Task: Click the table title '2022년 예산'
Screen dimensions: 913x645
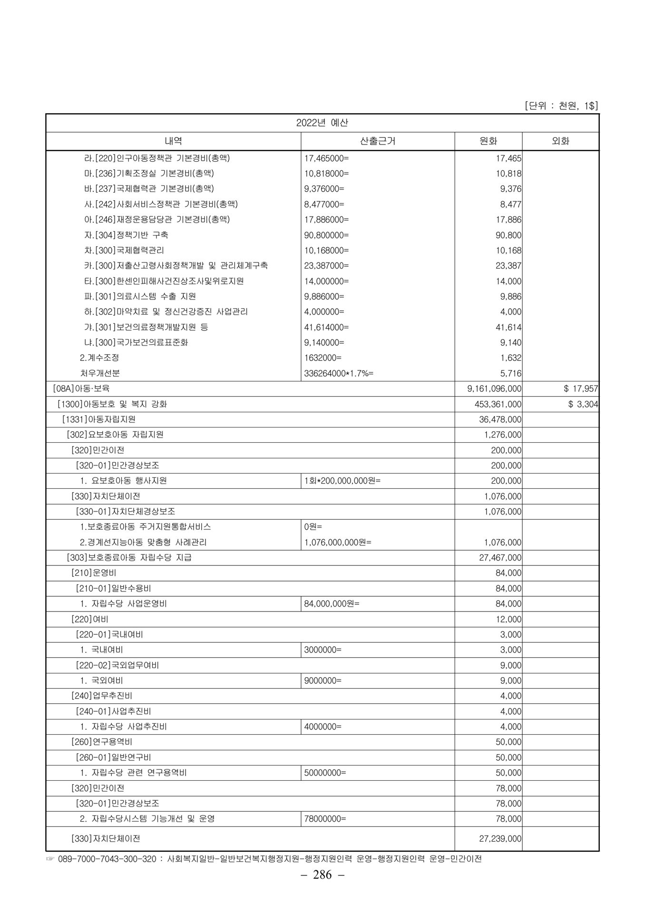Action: point(322,123)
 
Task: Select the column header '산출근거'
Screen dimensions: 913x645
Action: point(378,141)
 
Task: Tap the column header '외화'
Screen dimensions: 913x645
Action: point(560,141)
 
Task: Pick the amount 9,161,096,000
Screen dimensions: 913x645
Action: point(494,389)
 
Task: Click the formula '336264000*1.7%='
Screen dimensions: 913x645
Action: point(339,373)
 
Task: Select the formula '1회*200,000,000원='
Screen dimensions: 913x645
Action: point(342,481)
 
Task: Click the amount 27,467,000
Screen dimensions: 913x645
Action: point(500,557)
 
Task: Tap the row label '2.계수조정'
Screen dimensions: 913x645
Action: point(99,358)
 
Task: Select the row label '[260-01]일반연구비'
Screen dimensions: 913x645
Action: point(113,757)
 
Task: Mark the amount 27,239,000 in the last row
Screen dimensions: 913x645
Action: point(500,838)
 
